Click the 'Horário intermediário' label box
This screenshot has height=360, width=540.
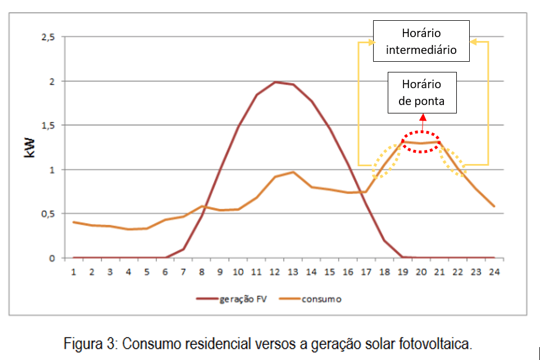pyautogui.click(x=421, y=42)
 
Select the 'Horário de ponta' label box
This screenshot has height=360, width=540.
pyautogui.click(x=421, y=93)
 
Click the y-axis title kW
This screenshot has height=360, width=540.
pyautogui.click(x=30, y=148)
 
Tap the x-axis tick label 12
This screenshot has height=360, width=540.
pyautogui.click(x=275, y=272)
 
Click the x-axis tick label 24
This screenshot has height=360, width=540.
pyautogui.click(x=494, y=272)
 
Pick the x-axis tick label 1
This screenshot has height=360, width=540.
pyautogui.click(x=74, y=272)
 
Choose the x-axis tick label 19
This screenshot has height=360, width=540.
pyautogui.click(x=403, y=272)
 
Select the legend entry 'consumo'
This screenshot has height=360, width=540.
pyautogui.click(x=321, y=299)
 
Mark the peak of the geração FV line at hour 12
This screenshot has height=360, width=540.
pyautogui.click(x=275, y=82)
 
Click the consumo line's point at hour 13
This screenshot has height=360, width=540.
pyautogui.click(x=293, y=172)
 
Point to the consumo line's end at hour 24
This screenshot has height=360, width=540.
pyautogui.click(x=494, y=206)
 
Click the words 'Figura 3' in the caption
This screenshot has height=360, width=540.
pyautogui.click(x=89, y=343)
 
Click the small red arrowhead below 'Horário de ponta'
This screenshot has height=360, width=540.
pyautogui.click(x=422, y=117)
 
